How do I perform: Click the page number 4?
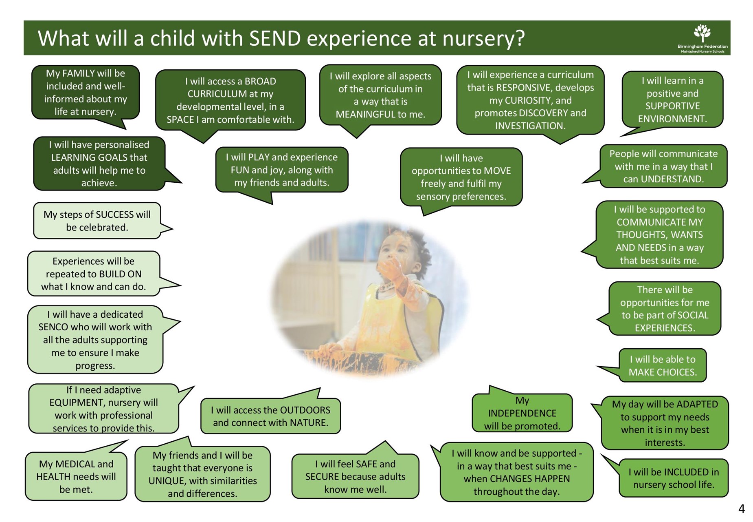pyautogui.click(x=741, y=509)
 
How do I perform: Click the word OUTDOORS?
pyautogui.click(x=305, y=410)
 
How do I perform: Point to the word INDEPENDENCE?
pyautogui.click(x=522, y=414)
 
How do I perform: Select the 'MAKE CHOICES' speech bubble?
pyautogui.click(x=662, y=365)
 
